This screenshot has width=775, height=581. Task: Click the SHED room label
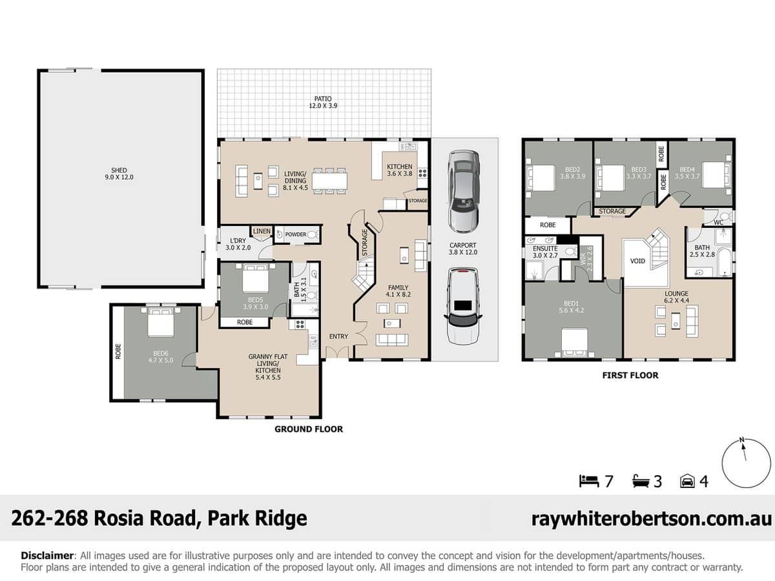point(119,174)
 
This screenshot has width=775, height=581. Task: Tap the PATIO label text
point(324,102)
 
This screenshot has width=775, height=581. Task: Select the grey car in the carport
point(464,191)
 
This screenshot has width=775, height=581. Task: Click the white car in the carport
point(463,307)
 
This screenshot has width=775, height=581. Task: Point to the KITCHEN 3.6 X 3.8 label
point(399,170)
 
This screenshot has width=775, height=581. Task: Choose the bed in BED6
point(160,322)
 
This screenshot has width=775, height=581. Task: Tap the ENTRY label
point(338,337)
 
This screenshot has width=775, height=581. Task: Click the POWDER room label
point(295,234)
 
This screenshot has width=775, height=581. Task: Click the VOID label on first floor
point(637,261)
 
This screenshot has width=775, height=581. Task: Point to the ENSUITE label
point(545,252)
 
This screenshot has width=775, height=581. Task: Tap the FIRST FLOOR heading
point(630,375)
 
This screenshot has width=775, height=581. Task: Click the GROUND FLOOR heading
point(309,429)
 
